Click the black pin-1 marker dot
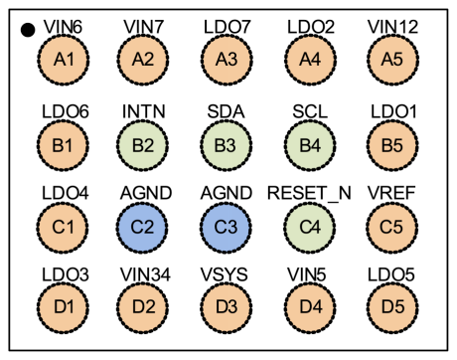tap(28, 30)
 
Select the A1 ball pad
tap(64, 60)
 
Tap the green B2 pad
tap(143, 145)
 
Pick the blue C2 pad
tap(142, 227)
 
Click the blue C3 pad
tap(226, 227)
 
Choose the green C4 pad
tap(310, 227)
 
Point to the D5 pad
tap(392, 306)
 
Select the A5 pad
tap(392, 60)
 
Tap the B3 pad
tap(227, 145)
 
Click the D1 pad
tap(63, 306)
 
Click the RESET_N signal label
tap(309, 193)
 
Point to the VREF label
tap(391, 193)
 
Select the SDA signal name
tap(226, 111)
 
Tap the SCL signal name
tap(310, 111)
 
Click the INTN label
tap(143, 111)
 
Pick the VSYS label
tap(225, 274)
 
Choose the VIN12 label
tap(392, 27)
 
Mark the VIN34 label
tap(145, 274)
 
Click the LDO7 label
tap(228, 27)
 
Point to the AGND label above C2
tap(146, 193)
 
